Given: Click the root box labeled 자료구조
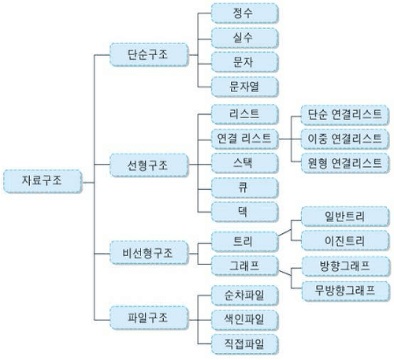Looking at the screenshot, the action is pyautogui.click(x=43, y=181).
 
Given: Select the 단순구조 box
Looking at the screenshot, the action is pyautogui.click(x=149, y=54).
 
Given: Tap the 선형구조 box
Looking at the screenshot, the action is pyautogui.click(x=149, y=165).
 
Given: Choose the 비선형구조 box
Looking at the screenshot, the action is pyautogui.click(x=149, y=253).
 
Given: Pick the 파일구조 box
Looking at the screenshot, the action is pyautogui.click(x=149, y=317).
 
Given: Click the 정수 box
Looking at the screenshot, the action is pyautogui.click(x=244, y=13).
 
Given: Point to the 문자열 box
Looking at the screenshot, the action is pyautogui.click(x=244, y=87).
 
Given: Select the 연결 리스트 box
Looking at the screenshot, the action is pyautogui.click(x=244, y=139).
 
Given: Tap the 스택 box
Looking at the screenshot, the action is pyautogui.click(x=244, y=163).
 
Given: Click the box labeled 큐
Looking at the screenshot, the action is pyautogui.click(x=244, y=187).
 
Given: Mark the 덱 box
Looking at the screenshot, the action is pyautogui.click(x=244, y=212).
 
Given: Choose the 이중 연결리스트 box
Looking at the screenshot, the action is pyautogui.click(x=344, y=139).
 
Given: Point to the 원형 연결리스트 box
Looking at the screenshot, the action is pyautogui.click(x=344, y=163).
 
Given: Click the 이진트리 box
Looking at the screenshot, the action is pyautogui.click(x=344, y=240).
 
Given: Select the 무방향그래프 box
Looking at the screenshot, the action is pyautogui.click(x=345, y=291).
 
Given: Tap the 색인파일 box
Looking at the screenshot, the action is pyautogui.click(x=244, y=320).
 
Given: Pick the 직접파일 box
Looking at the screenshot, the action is pyautogui.click(x=244, y=344).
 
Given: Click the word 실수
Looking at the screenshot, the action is pyautogui.click(x=243, y=37).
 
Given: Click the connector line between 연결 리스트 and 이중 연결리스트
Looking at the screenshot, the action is pyautogui.click(x=289, y=139).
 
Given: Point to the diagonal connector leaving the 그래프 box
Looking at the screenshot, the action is pyautogui.click(x=284, y=273).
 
